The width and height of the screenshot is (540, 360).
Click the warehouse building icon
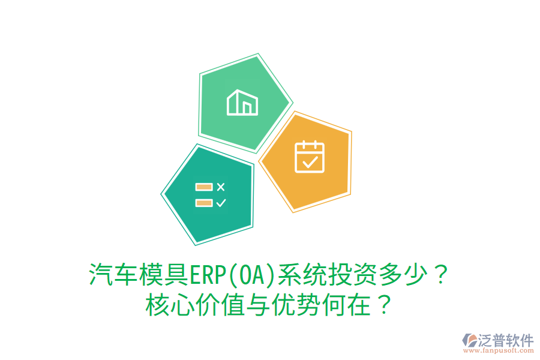(x=242, y=103)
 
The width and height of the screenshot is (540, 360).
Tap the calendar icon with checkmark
(x=309, y=157)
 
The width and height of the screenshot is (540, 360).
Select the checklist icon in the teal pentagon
(x=210, y=195)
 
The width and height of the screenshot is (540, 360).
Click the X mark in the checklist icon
(x=220, y=187)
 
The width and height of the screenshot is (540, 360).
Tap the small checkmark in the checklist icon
(x=220, y=203)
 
